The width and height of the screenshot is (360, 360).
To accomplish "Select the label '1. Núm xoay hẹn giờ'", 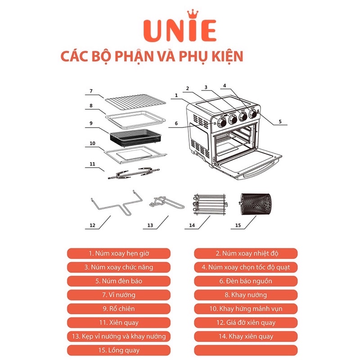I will pos(119,253).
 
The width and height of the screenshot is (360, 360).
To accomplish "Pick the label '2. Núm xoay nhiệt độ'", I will pos(246,253).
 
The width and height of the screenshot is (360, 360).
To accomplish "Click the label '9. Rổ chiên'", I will pos(119,309).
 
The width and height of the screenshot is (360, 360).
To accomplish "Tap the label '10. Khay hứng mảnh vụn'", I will pos(246,309).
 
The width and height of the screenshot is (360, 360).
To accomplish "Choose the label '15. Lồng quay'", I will pos(119,350).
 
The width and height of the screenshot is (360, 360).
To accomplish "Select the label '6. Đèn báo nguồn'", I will pos(246,281).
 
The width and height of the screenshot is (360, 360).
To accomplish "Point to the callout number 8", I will pos(91,106).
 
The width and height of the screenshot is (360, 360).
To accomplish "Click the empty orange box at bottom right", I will pos(246,350).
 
